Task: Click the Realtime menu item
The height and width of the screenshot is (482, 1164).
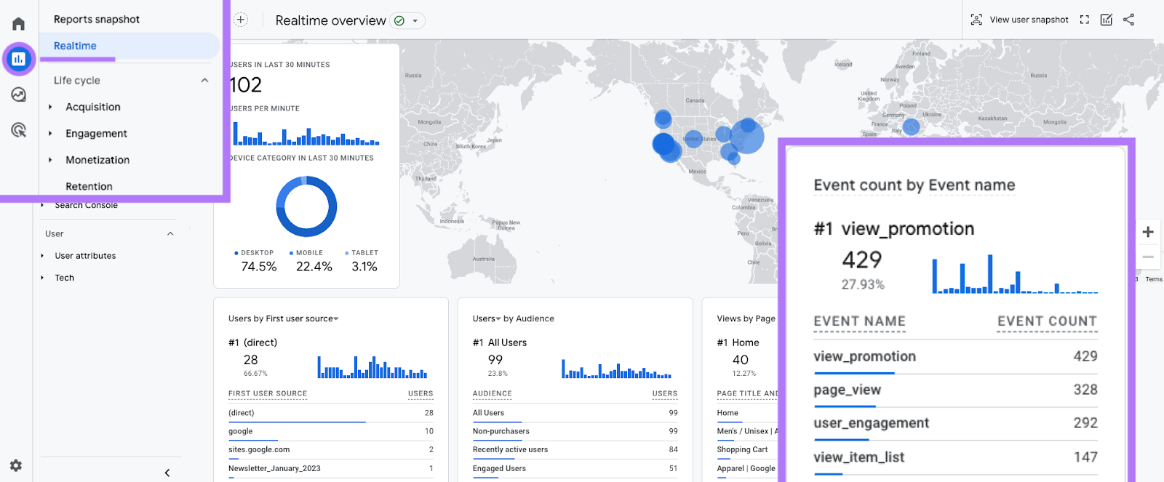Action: click(x=75, y=46)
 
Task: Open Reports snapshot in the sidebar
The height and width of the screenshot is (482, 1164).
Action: click(x=96, y=20)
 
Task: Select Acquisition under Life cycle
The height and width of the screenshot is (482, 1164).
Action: click(x=92, y=107)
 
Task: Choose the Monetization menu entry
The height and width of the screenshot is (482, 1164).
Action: click(x=97, y=160)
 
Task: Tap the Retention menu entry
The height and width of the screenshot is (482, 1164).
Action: click(x=89, y=186)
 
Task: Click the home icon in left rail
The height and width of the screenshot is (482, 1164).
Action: click(x=19, y=24)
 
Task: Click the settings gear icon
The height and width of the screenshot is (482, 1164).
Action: click(x=16, y=465)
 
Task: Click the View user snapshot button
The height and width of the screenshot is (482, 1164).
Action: click(x=1020, y=20)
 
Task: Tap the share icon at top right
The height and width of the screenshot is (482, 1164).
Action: click(x=1128, y=20)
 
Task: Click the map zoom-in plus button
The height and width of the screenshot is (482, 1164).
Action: click(x=1148, y=232)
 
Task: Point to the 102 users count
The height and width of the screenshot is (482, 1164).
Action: click(x=246, y=85)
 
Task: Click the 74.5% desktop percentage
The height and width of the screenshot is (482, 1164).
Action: click(x=259, y=267)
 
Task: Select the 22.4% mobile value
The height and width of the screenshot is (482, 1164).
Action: click(x=314, y=267)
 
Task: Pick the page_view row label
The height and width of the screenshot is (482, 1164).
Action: click(x=847, y=390)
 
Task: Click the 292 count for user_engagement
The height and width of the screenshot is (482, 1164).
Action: click(x=1085, y=423)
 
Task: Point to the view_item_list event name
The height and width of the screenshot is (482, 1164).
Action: click(x=858, y=457)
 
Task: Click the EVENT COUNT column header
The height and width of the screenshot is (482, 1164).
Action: click(x=1047, y=321)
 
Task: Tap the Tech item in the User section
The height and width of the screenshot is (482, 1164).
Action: click(x=65, y=278)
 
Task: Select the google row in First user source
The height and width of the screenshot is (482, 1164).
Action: click(x=241, y=431)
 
